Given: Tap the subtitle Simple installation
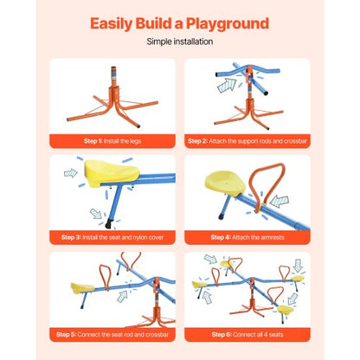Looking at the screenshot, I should point(180,41).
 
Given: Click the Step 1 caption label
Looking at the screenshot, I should point(112,139).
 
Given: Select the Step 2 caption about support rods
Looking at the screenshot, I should point(247,139).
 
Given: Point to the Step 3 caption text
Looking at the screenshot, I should point(112,236).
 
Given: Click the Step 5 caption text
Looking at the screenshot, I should point(112,333).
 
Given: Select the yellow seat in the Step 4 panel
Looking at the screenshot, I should point(222,183).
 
